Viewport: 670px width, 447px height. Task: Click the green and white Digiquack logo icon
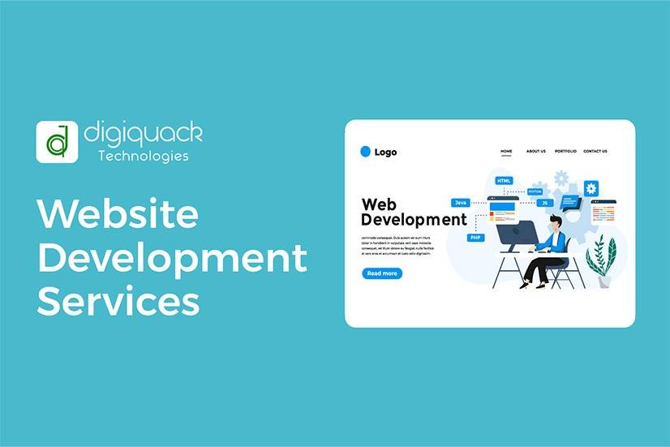[x=57, y=142]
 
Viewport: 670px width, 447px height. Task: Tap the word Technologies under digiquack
[x=144, y=156]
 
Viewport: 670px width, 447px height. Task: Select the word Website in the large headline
[x=118, y=214]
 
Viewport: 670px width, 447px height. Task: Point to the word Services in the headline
[x=118, y=301]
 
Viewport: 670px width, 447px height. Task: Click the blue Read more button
[x=382, y=273]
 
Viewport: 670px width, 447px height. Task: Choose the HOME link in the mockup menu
[x=506, y=152]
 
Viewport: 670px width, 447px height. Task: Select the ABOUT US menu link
[x=535, y=152]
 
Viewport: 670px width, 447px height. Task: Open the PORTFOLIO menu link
[x=565, y=152]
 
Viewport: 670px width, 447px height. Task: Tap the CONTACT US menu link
[x=595, y=152]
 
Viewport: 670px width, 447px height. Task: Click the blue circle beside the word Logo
[x=365, y=151]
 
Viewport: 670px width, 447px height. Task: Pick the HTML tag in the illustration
[x=505, y=181]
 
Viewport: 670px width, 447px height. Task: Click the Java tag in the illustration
[x=461, y=202]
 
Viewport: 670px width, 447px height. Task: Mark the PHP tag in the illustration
[x=476, y=238]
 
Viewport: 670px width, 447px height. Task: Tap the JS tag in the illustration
[x=545, y=203]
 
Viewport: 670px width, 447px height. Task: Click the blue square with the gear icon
[x=591, y=188]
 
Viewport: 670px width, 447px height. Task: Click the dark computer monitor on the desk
[x=516, y=236]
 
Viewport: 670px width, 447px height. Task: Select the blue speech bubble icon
[x=570, y=201]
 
